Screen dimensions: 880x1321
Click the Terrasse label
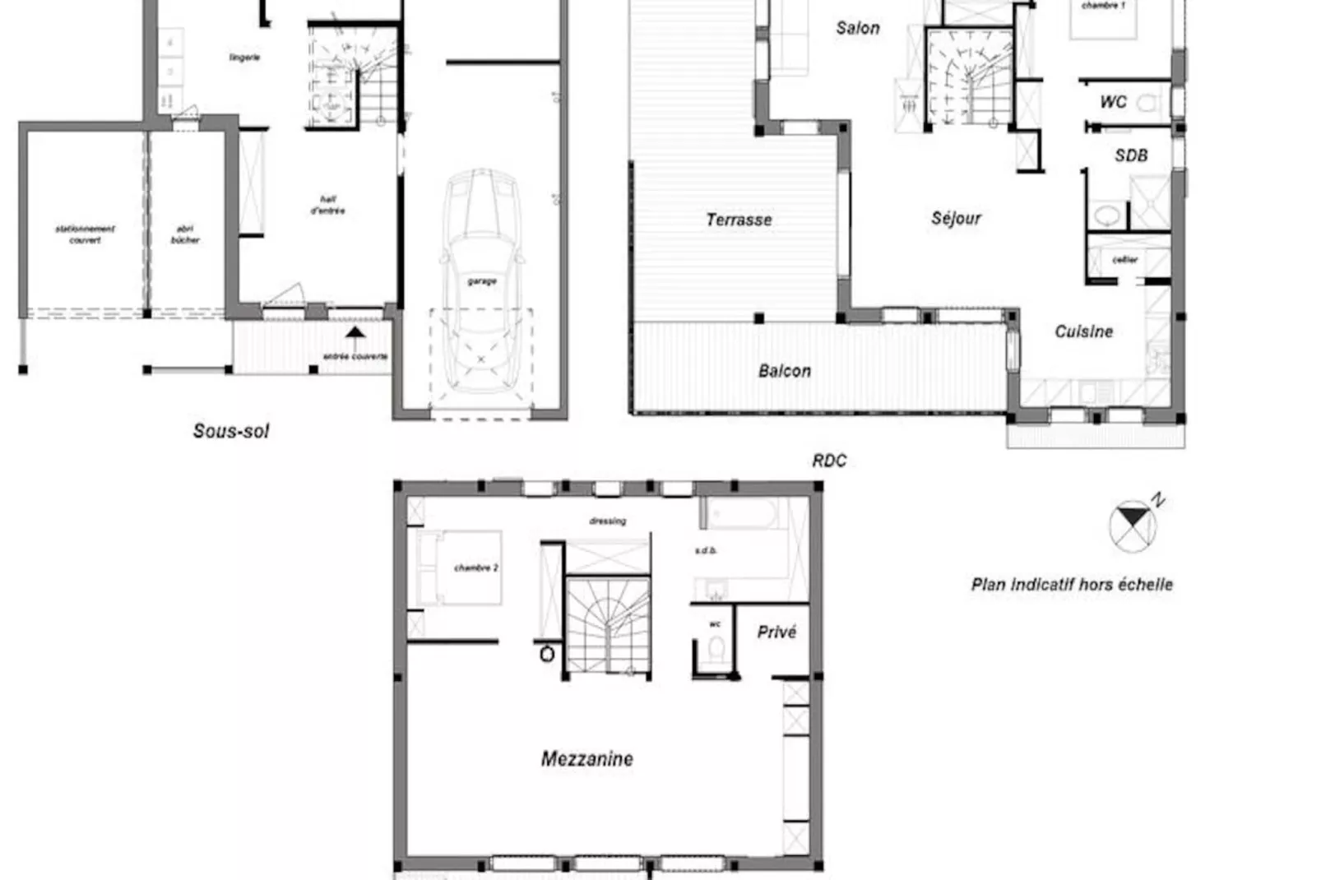[x=739, y=220]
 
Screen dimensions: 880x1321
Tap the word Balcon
[x=784, y=371]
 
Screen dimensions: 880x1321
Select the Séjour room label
[x=956, y=218]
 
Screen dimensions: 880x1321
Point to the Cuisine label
[x=1083, y=331]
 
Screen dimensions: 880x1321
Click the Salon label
[x=857, y=28]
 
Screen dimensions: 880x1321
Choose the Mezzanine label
[x=586, y=758]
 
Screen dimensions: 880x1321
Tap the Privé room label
[x=776, y=632]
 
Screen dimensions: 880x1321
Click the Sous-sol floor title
[x=230, y=431]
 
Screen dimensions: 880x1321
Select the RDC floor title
[x=829, y=461]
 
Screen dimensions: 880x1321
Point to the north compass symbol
[x=1133, y=525]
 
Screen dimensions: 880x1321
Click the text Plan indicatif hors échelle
[x=1072, y=585]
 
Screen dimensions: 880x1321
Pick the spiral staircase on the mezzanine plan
[x=607, y=625]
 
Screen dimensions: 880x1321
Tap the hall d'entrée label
[x=327, y=205]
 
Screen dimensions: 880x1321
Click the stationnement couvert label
[x=85, y=234]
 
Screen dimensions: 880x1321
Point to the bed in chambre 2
[x=459, y=568]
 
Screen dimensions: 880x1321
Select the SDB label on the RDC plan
[x=1130, y=155]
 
